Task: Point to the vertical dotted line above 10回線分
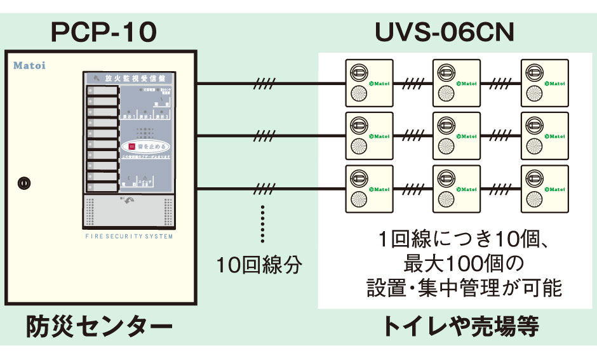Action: pos(262,223)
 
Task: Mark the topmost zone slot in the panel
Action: pos(103,90)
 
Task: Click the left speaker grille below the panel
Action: pos(90,210)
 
